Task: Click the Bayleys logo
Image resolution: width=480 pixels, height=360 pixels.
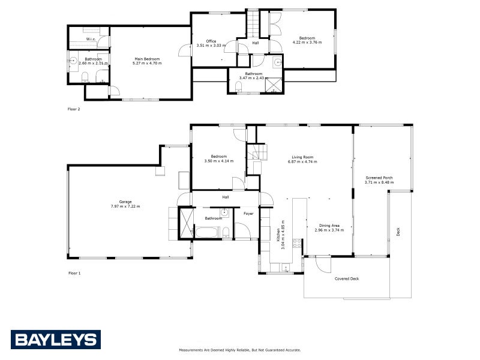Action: [x=55, y=340]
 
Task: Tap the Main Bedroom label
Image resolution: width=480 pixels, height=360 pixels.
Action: [x=147, y=59]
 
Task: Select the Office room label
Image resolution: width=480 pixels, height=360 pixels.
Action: [x=211, y=41]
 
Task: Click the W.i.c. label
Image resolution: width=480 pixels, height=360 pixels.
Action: [x=91, y=39]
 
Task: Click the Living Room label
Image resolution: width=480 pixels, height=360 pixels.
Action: [x=302, y=157]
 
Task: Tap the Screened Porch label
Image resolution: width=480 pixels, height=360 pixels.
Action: [x=379, y=178]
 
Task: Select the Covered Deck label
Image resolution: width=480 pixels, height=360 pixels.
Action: [x=347, y=278]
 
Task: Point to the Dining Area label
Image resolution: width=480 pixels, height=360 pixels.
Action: [x=327, y=226]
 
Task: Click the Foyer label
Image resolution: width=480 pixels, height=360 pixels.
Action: [x=248, y=214]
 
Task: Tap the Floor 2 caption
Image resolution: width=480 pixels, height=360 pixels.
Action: [x=74, y=109]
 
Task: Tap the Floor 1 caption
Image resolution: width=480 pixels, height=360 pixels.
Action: [x=74, y=273]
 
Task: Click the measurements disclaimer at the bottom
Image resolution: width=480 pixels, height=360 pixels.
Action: [x=240, y=350]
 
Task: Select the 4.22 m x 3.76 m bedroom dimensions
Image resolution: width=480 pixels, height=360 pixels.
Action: [x=307, y=42]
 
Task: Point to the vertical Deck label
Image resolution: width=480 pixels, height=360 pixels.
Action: [x=398, y=232]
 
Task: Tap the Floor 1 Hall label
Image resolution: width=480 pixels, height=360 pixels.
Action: [x=226, y=197]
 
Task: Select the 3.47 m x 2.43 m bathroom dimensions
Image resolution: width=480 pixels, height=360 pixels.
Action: [x=250, y=78]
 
